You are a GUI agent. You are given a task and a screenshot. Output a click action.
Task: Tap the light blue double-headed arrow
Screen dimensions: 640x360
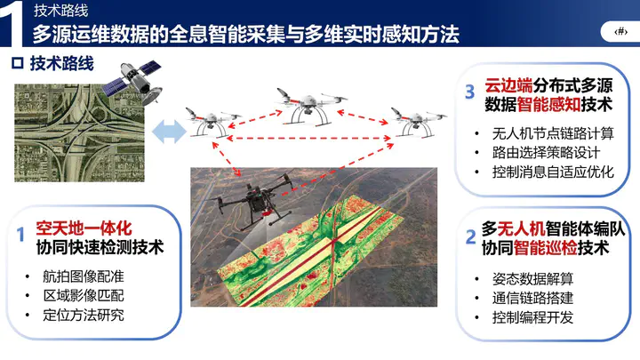[170, 132]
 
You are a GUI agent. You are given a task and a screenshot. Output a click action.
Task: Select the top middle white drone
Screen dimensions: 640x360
[311, 105]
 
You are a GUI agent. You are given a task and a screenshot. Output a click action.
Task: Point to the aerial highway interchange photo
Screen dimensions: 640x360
[79, 133]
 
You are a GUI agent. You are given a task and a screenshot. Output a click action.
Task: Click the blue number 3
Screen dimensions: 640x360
[470, 92]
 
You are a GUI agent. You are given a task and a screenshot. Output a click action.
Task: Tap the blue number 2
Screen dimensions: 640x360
[470, 236]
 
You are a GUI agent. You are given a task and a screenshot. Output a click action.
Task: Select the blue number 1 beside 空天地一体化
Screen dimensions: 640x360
[20, 235]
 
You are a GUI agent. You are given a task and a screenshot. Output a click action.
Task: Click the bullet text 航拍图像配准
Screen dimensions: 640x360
[84, 276]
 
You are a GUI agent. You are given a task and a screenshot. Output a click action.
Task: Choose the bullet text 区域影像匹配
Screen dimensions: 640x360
[84, 295]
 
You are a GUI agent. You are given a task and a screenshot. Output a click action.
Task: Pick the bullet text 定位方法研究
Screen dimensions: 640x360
[84, 315]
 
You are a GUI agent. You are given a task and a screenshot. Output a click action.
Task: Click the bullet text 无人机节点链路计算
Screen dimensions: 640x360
[553, 133]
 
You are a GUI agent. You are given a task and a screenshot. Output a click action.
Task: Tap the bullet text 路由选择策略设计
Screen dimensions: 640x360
[546, 153]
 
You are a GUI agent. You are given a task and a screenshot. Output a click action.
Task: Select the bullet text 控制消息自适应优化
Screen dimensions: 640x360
[553, 172]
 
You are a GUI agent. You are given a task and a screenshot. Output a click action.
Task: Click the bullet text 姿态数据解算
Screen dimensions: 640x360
[532, 279]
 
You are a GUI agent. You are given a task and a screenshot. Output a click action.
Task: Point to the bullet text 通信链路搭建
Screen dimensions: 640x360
[532, 298]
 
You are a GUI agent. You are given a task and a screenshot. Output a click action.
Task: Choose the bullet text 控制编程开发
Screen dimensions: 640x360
[532, 317]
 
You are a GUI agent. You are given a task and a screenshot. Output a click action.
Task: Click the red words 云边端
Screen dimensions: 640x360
[508, 85]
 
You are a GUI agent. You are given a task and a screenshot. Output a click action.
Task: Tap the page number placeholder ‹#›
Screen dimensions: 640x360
[620, 31]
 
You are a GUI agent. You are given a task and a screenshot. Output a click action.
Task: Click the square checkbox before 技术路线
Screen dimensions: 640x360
[18, 63]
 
